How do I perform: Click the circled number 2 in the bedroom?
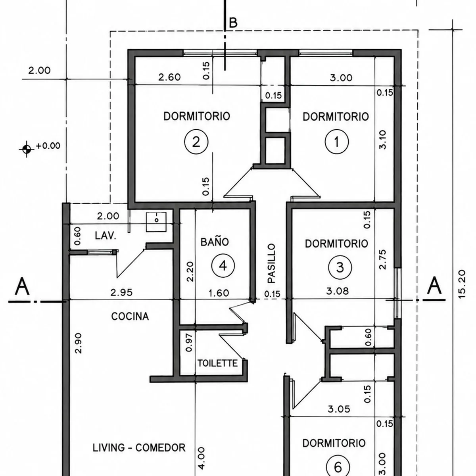[x=196, y=142]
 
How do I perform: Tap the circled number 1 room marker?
[x=337, y=142]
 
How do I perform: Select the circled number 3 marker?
[x=340, y=267]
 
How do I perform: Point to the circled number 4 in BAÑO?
[x=223, y=266]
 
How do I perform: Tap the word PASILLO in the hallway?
[x=271, y=263]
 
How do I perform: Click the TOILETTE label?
[x=217, y=363]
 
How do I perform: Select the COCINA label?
[x=130, y=317]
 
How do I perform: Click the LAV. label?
[x=106, y=236]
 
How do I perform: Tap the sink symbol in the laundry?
[x=156, y=222]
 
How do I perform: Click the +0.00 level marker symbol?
[x=27, y=149]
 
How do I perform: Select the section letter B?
[x=233, y=23]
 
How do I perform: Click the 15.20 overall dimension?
[x=461, y=284]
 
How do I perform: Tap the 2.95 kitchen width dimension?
[x=121, y=292]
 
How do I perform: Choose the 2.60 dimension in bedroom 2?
[x=169, y=77]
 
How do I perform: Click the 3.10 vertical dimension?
[x=382, y=140]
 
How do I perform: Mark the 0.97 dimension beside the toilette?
[x=189, y=342]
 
